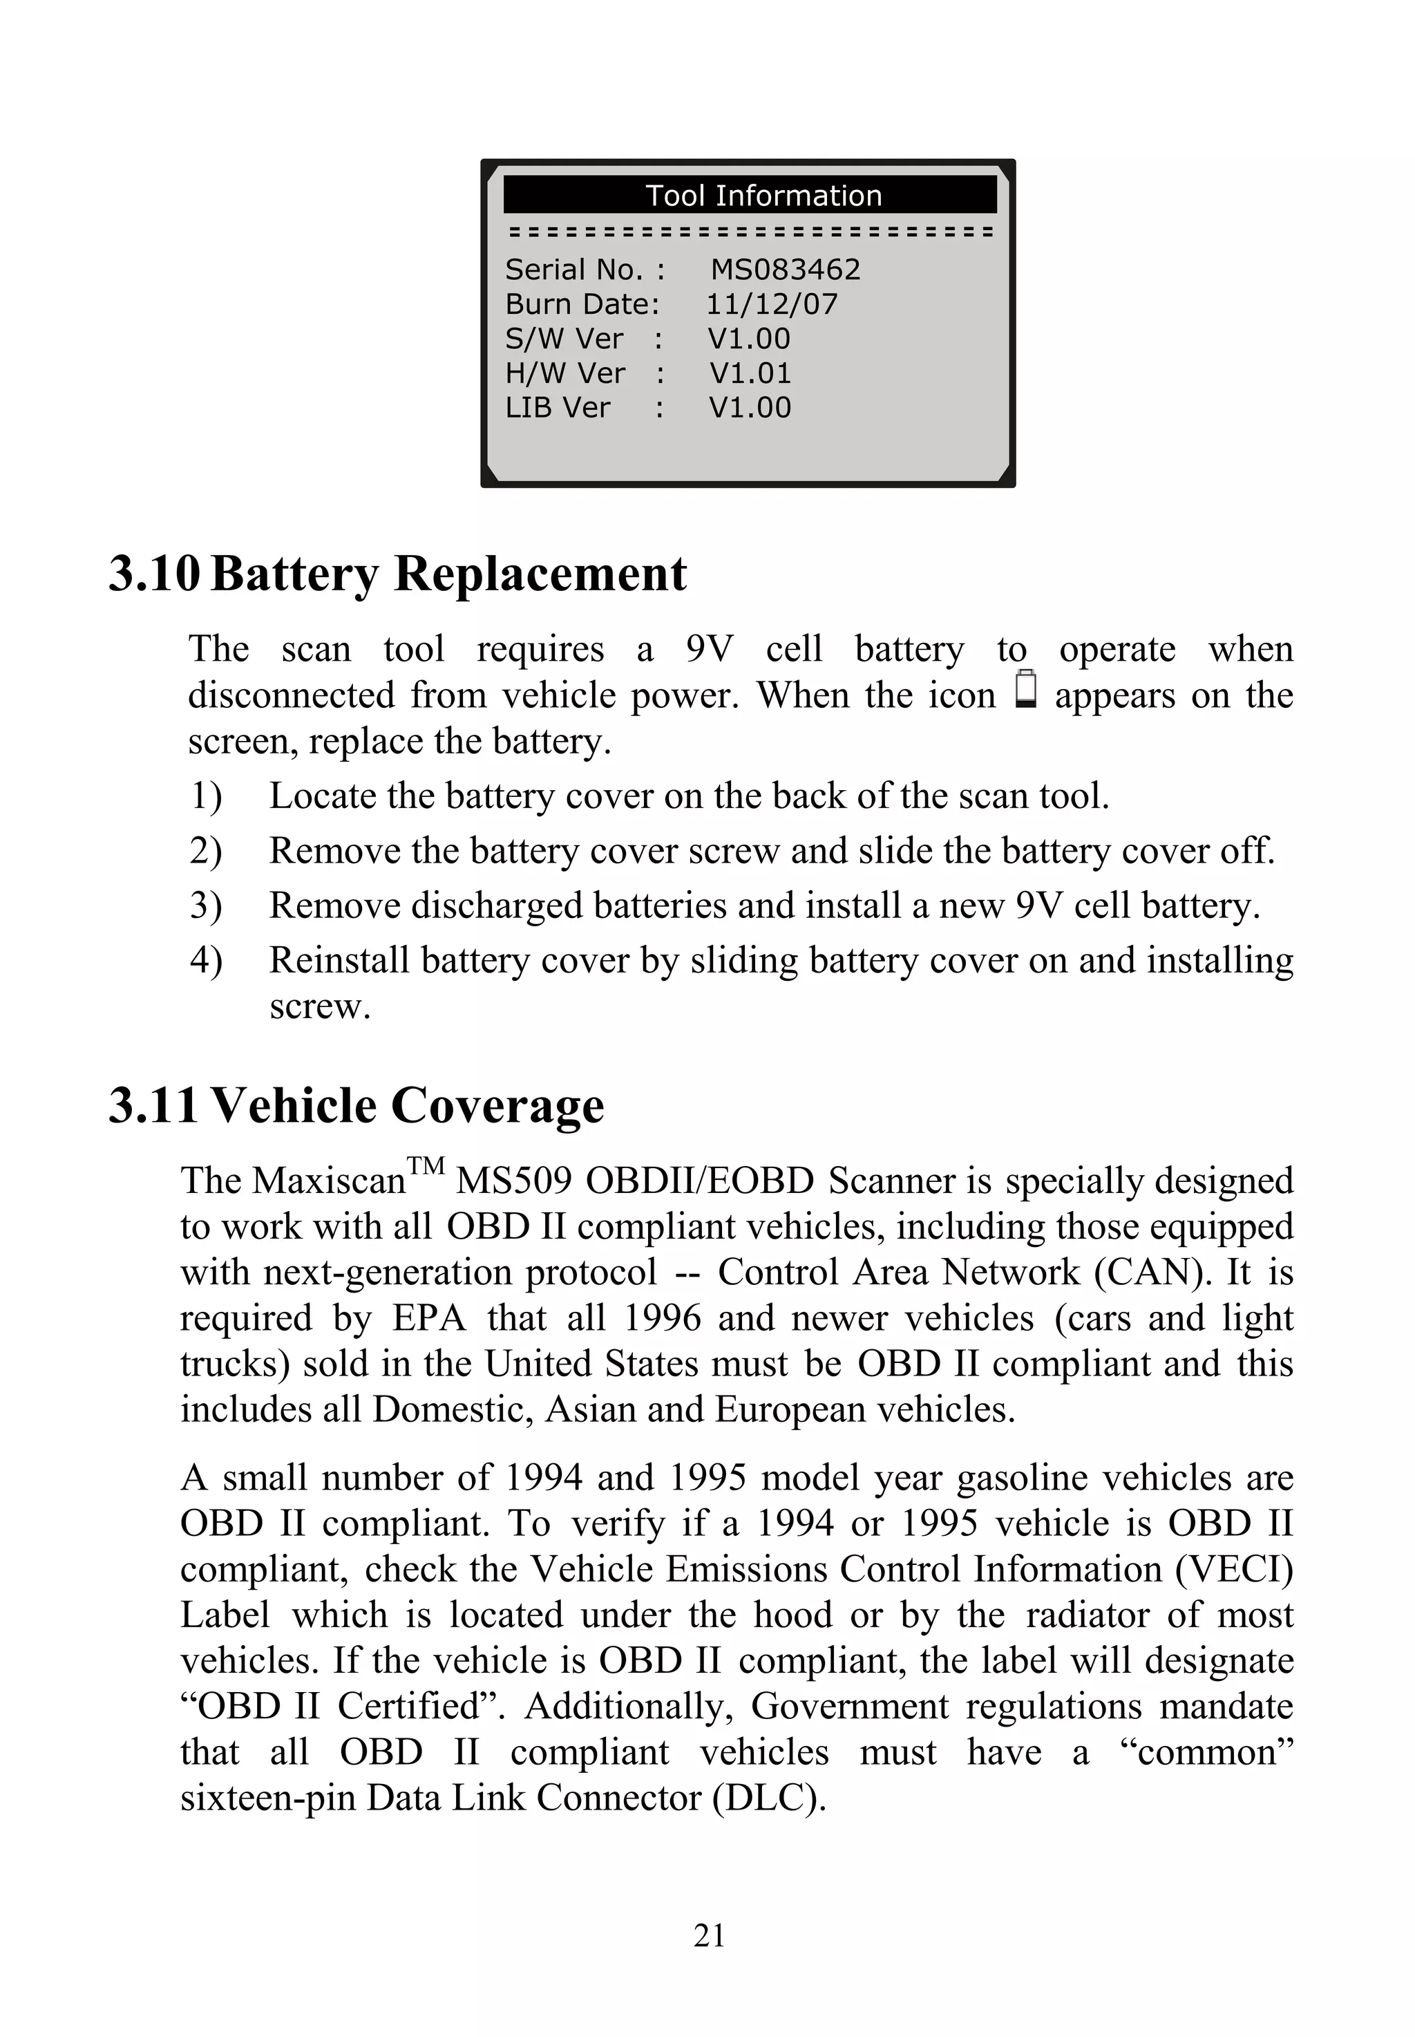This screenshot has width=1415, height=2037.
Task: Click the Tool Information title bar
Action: [750, 195]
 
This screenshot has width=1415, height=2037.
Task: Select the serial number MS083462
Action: [786, 270]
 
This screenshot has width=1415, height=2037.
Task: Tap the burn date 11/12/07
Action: [771, 304]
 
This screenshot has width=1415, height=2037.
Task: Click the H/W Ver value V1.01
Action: [750, 373]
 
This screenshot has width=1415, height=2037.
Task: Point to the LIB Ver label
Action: [558, 408]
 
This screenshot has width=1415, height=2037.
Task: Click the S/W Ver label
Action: [564, 339]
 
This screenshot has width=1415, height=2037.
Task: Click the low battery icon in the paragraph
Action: [1026, 691]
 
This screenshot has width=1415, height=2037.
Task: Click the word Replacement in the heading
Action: [540, 574]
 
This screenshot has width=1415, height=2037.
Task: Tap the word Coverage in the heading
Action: [497, 1106]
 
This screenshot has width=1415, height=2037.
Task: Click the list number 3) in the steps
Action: [206, 905]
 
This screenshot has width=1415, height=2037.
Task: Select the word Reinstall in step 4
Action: [339, 960]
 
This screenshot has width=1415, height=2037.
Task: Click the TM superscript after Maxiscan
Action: [426, 1166]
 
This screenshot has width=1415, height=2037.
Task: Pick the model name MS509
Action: [513, 1181]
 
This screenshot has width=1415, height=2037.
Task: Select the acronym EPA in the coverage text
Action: [429, 1318]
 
